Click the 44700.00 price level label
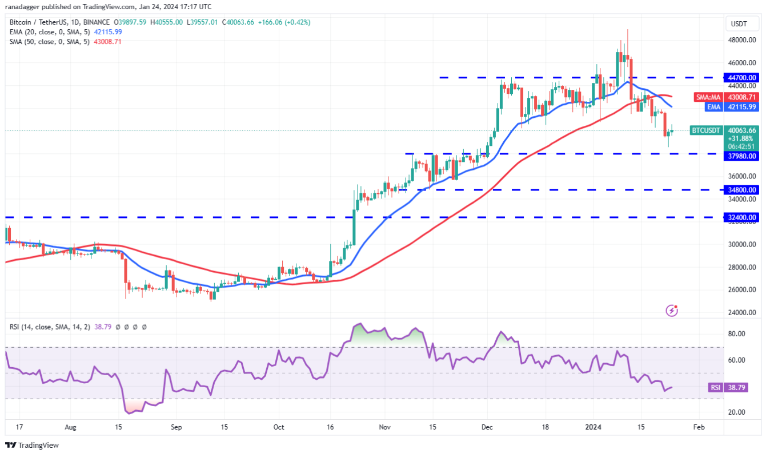pos(741,77)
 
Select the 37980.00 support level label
pos(741,156)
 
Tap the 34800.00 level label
pos(741,189)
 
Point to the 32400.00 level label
pos(741,217)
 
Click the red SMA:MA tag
pos(708,97)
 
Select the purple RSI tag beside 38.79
pos(715,388)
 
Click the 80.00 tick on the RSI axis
pos(736,333)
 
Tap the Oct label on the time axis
pos(279,427)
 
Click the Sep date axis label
pos(176,427)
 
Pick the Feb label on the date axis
pos(698,427)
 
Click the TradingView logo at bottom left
pos(33,445)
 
